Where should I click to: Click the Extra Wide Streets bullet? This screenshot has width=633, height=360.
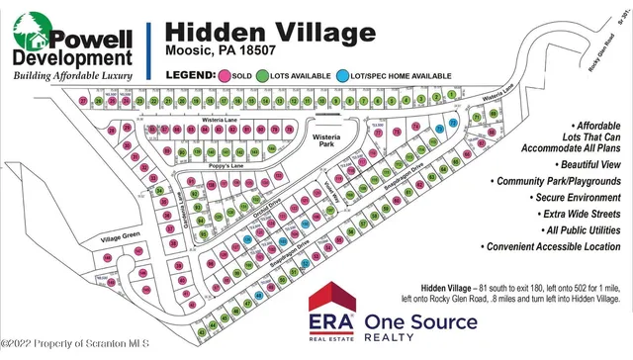[x=576, y=213]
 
